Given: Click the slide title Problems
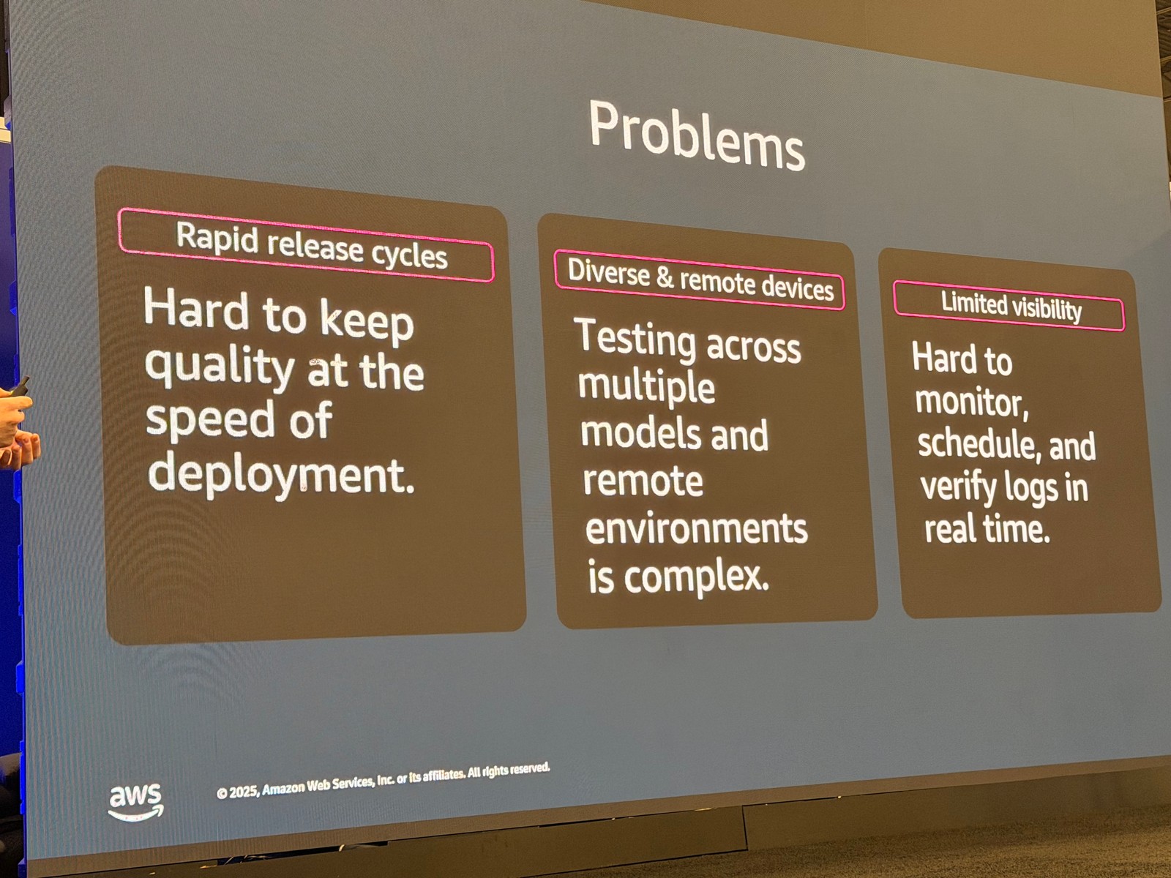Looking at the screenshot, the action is tap(697, 137).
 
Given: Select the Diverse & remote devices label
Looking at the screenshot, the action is tap(700, 279).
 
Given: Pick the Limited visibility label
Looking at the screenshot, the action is tap(1011, 306).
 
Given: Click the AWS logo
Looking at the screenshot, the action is tap(135, 802).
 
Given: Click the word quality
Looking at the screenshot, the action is tap(220, 367).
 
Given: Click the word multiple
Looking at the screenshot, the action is tap(646, 386).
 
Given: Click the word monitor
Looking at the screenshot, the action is tap(972, 402).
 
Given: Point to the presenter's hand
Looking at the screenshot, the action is tap(16, 427).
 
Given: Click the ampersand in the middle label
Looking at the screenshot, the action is tap(665, 278).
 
